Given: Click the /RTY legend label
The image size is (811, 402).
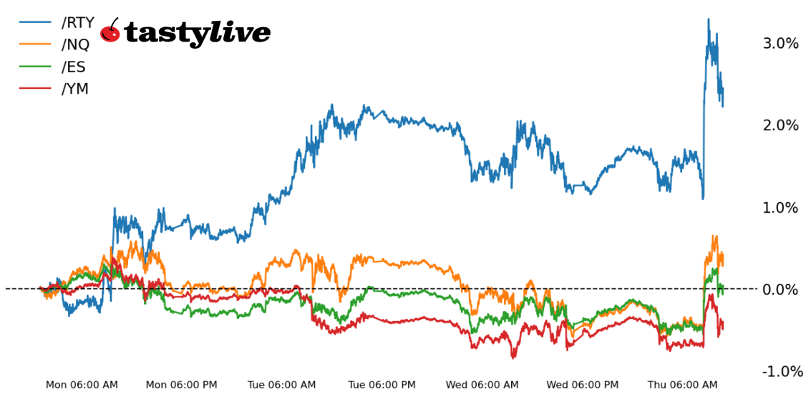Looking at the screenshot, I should coord(78,22).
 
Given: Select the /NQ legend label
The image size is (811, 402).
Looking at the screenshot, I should coord(76,44).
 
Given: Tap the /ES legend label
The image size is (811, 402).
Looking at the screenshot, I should coord(74,67).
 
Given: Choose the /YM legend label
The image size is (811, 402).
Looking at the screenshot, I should coord(75,90).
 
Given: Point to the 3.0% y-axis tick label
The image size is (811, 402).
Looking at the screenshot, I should coord(780,44).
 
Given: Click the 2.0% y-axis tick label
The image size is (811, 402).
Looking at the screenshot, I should coord(780,125).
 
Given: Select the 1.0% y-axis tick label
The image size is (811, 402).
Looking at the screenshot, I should coord(780,208).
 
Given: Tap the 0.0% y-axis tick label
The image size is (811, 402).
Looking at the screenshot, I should coord(780,289).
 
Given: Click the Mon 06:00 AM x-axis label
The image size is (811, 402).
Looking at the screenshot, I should coord(82,385).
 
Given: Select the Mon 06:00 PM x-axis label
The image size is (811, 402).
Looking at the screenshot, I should coord(182,385).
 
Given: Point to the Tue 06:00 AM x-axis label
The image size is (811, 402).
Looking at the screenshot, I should coord(281,385).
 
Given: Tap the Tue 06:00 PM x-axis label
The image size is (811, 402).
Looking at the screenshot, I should coord(382,385).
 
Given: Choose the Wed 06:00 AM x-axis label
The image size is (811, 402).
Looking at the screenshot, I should coord(482,385).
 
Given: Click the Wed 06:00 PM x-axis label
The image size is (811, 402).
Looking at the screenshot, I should coord(582,385).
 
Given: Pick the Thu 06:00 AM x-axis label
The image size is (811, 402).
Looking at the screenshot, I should coord(682,385).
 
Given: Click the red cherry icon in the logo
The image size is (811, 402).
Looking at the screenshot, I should coord(110,32).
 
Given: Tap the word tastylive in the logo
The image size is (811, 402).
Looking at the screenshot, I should coord(198,33).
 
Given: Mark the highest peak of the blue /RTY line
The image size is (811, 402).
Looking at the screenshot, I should coord(709,19).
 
